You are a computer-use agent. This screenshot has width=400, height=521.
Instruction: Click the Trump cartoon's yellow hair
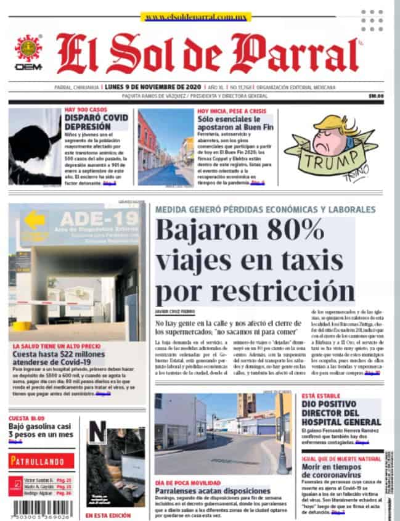click(x=332, y=126)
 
